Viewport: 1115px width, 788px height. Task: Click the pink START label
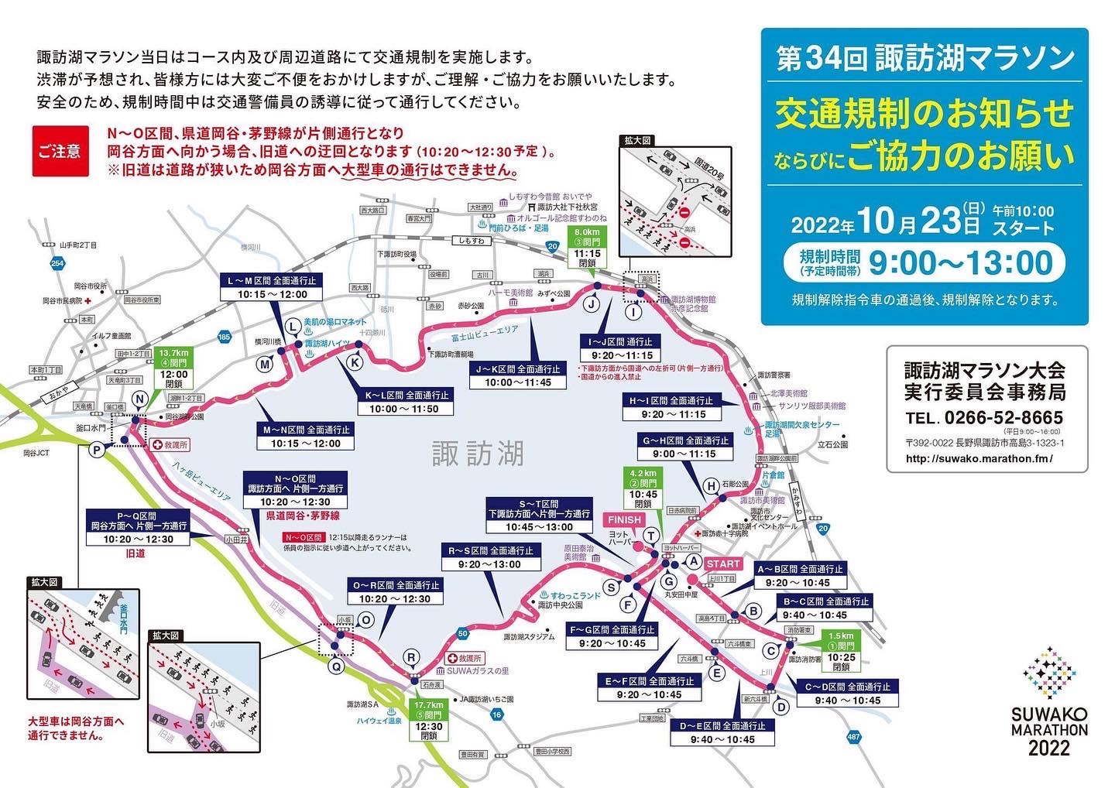point(722,564)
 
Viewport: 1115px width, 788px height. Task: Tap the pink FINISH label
point(624,520)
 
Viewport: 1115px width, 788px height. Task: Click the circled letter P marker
point(97,451)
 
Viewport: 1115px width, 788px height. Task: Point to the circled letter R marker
point(411,658)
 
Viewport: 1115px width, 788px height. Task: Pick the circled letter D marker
point(781,706)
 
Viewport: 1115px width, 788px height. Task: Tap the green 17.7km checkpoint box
point(428,721)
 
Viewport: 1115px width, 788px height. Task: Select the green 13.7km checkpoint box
point(174,368)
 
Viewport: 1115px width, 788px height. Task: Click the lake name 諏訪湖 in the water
point(478,454)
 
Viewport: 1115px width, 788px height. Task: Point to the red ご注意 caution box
point(60,151)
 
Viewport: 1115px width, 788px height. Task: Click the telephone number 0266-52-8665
point(1003,418)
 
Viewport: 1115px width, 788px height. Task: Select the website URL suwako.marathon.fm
point(979,458)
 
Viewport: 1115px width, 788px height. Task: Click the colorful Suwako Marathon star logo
point(1049,674)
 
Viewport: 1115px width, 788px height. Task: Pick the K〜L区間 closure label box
point(403,402)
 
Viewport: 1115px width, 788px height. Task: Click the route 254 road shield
point(57,264)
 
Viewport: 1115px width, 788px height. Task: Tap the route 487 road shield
point(853,737)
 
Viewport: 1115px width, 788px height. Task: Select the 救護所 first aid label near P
point(170,445)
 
